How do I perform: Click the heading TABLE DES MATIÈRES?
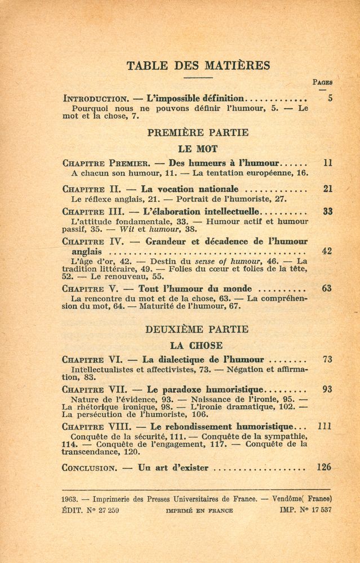[198, 65]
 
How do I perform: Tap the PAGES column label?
[322, 82]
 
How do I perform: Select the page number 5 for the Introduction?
[330, 98]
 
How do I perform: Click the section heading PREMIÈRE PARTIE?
[198, 133]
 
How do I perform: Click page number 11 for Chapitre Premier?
[328, 163]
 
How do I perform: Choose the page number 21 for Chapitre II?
[328, 189]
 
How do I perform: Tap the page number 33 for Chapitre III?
[328, 212]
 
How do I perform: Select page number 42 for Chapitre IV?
[327, 252]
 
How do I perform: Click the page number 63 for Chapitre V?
[327, 288]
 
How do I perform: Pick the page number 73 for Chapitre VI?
[327, 359]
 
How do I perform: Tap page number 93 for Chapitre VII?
[327, 389]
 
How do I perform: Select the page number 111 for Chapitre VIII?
[325, 426]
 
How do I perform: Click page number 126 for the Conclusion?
[324, 467]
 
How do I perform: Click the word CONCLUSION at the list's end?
[88, 467]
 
